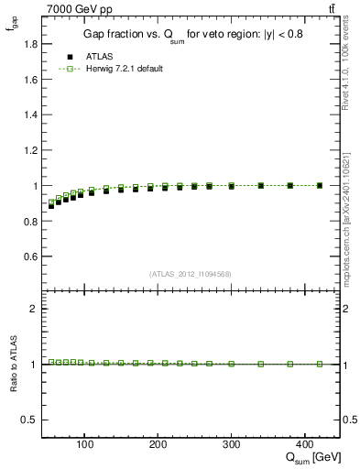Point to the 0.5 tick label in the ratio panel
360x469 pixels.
[x=27, y=420]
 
